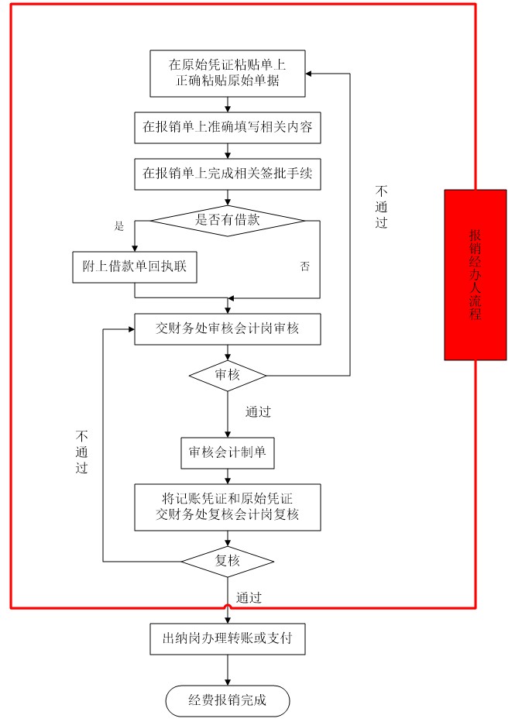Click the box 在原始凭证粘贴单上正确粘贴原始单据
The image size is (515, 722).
[228, 74]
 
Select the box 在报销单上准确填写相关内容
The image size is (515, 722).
[228, 128]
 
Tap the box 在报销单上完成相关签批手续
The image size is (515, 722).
[228, 174]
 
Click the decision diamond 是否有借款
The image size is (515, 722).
[228, 221]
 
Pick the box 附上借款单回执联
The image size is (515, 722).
[135, 267]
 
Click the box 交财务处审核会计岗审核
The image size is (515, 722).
[228, 329]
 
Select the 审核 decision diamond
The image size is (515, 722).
[228, 376]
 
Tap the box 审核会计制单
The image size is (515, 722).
[228, 453]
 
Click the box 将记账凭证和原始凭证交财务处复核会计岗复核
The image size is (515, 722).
[228, 507]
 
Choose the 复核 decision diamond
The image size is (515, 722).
[228, 562]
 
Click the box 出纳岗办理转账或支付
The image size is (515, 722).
[228, 639]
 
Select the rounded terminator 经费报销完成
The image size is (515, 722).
[228, 701]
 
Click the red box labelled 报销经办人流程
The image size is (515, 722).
[476, 275]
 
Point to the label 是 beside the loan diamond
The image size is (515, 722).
[119, 225]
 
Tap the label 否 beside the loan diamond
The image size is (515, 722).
[304, 266]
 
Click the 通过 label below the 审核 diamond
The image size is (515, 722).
[258, 411]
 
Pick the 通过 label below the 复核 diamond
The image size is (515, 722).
[249, 598]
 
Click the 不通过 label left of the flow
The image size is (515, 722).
[81, 452]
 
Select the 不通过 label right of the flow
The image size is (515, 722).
[381, 207]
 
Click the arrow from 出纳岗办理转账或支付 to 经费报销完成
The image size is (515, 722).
[228, 670]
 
